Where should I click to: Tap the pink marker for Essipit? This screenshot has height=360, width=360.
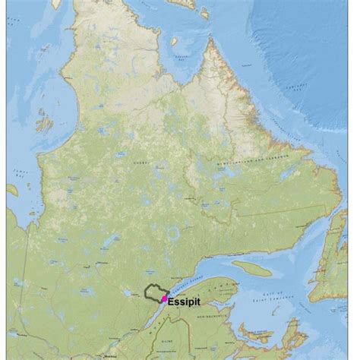pos(164,299)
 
